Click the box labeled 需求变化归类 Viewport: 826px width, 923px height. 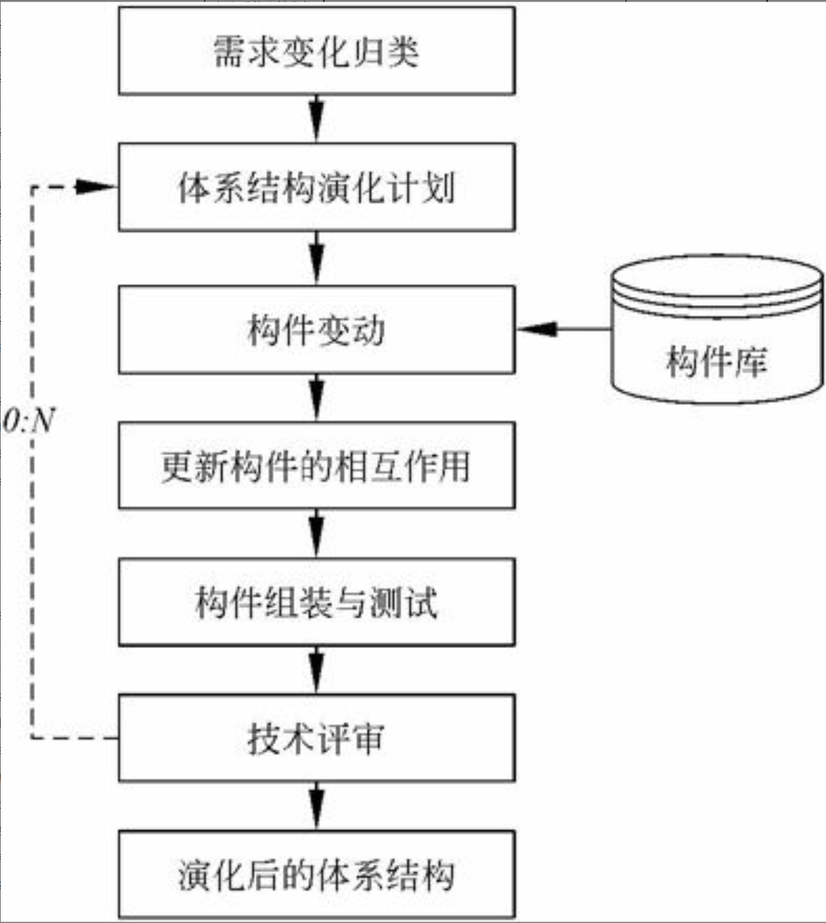click(316, 51)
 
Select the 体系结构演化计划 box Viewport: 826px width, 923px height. click(316, 187)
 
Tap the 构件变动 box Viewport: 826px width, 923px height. click(316, 330)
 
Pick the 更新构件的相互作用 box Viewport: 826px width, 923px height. click(316, 466)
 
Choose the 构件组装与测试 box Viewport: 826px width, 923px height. click(316, 602)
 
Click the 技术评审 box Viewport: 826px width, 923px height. click(316, 738)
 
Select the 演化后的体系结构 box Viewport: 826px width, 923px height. click(316, 875)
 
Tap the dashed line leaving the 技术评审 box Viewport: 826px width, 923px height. click(75, 738)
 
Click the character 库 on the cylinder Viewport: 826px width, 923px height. click(750, 362)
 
